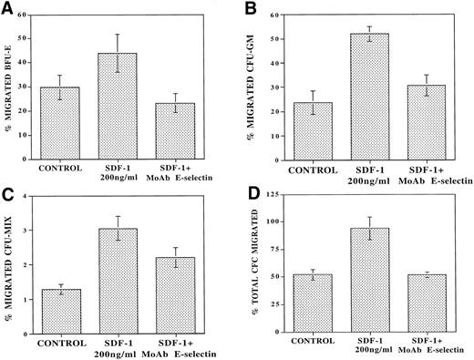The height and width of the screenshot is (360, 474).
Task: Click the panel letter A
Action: [7, 8]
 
